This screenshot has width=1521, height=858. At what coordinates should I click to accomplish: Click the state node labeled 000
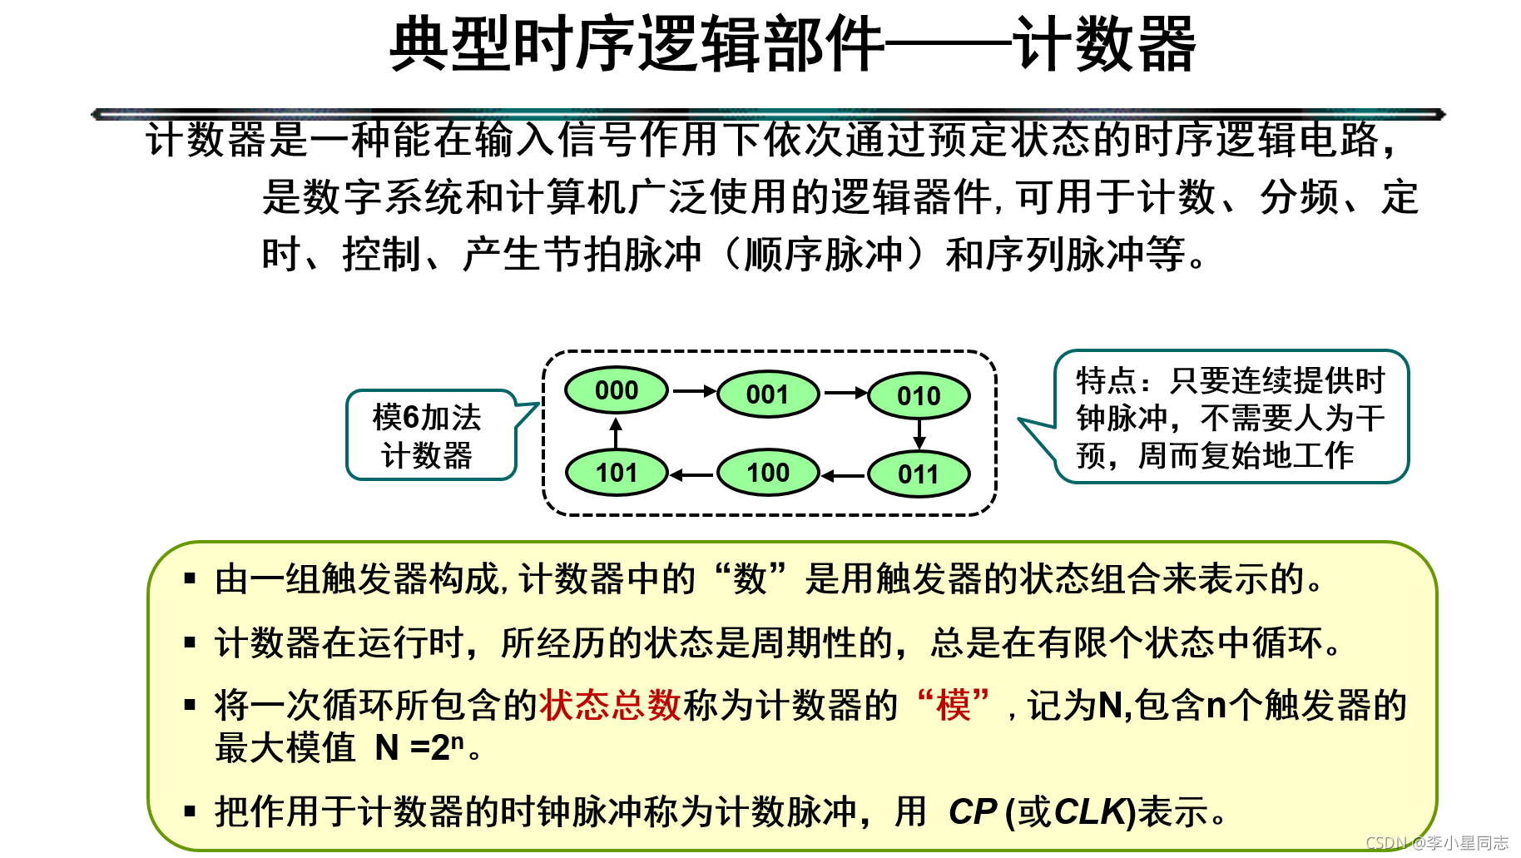617,390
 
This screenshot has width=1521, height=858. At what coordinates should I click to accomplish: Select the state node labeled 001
767,394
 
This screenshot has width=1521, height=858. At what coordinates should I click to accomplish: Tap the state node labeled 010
919,396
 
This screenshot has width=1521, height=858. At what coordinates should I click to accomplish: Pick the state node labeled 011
919,475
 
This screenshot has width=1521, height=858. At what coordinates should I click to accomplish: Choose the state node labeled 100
767,473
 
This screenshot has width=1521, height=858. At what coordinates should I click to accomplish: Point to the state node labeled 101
617,473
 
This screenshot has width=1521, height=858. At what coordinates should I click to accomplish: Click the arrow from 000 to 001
693,391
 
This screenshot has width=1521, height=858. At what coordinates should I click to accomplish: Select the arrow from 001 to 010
845,394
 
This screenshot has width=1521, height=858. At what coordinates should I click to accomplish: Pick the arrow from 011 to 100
844,476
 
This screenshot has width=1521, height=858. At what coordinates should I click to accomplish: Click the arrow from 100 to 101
692,475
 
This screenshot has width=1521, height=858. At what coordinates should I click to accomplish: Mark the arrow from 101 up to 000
616,433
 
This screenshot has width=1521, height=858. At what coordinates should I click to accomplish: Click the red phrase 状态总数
611,706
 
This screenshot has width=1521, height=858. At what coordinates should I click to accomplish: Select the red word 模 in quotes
953,706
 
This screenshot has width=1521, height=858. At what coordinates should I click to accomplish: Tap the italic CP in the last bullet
972,812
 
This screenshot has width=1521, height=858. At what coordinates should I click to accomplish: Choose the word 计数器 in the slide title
1104,45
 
